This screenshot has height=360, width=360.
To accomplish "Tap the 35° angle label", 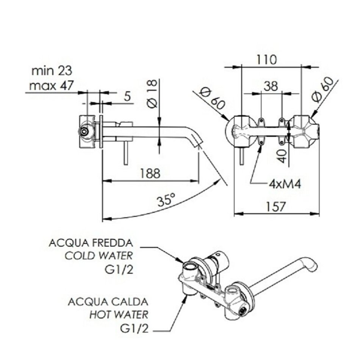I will click(x=166, y=199).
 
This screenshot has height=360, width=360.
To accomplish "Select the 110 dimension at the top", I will click(x=267, y=59).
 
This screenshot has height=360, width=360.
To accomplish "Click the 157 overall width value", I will click(x=275, y=207).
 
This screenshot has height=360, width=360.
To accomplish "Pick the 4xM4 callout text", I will click(x=285, y=185).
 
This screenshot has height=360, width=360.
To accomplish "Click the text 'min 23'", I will click(x=52, y=71).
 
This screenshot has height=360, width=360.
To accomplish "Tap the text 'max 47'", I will click(x=52, y=86).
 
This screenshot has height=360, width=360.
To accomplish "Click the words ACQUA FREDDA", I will click(x=91, y=243).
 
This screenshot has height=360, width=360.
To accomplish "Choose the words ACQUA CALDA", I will click(x=108, y=302).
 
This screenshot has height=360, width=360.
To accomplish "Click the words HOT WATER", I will click(x=119, y=315).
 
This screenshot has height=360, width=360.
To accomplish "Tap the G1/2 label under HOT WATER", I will click(x=135, y=328).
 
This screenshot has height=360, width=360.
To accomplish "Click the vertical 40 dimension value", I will click(x=282, y=155).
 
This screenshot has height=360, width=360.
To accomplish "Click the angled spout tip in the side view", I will click(x=197, y=142).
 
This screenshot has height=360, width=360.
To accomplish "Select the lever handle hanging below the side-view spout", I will click(x=125, y=153).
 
